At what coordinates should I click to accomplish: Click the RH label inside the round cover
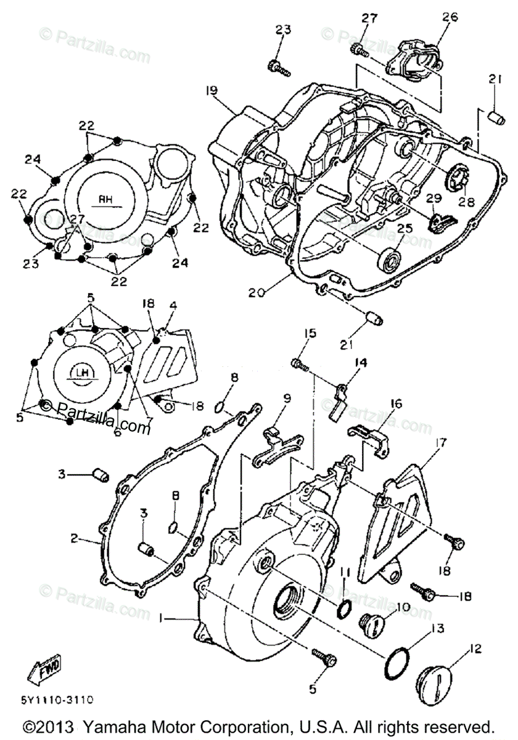(x=104, y=199)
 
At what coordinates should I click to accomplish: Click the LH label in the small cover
(x=81, y=372)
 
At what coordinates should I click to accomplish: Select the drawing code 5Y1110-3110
(x=57, y=700)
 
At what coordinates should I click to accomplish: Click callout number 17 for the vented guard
(x=440, y=442)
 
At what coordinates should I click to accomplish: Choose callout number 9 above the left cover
(x=287, y=398)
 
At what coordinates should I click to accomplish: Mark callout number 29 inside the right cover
(x=434, y=197)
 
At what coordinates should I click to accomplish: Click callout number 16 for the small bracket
(x=395, y=404)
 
